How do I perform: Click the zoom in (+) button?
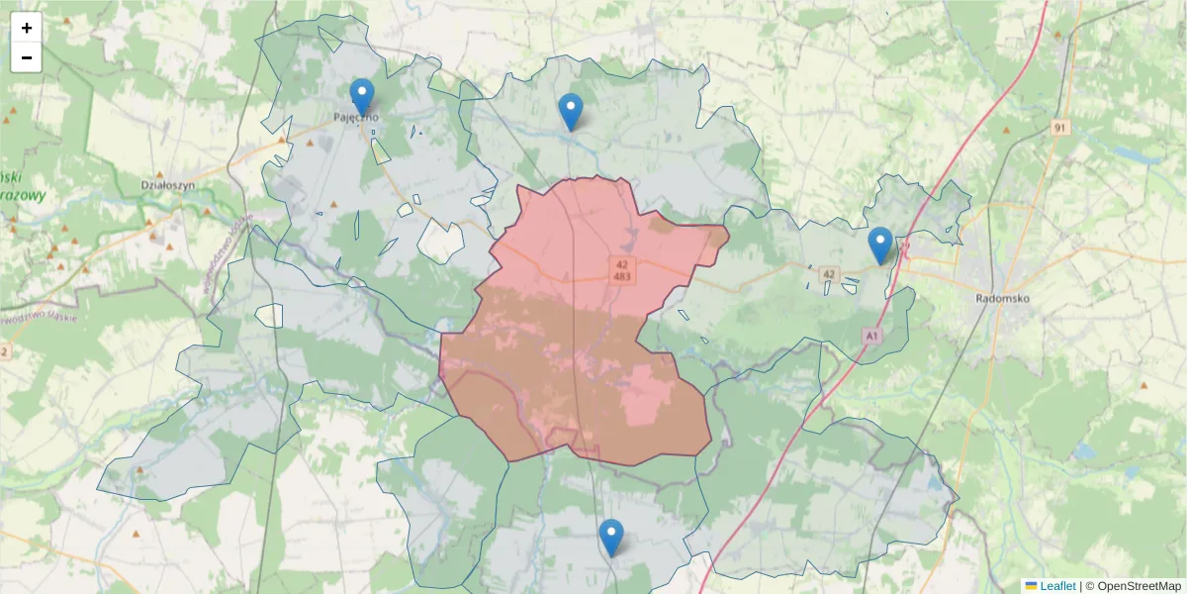(x=27, y=28)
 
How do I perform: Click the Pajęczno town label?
(x=356, y=117)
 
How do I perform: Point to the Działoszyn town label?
(x=167, y=184)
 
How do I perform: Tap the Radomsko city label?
(x=1003, y=297)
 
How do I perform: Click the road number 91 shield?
(x=1060, y=128)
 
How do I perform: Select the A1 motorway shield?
(x=871, y=337)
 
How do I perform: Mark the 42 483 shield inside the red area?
(x=622, y=270)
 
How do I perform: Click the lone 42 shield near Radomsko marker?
(x=829, y=274)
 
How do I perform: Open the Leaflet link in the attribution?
(x=1056, y=586)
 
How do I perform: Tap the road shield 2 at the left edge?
(x=5, y=351)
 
